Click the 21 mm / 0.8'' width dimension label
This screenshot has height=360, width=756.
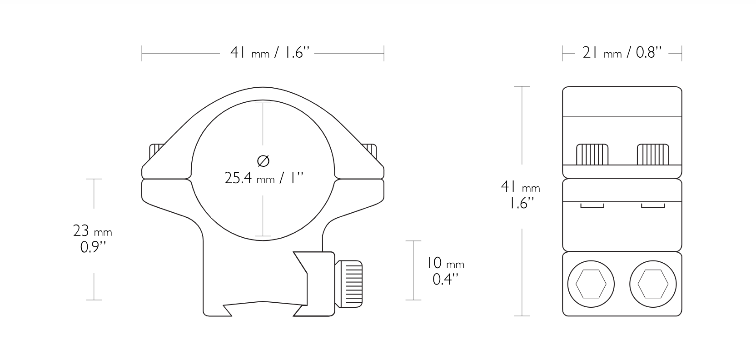pyautogui.click(x=622, y=53)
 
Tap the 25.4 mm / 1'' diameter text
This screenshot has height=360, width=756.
pyautogui.click(x=264, y=178)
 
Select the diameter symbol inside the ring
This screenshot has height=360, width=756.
pyautogui.click(x=264, y=160)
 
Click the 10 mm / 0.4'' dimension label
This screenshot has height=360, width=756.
pyautogui.click(x=445, y=271)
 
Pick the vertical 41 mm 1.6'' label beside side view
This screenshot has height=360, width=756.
pyautogui.click(x=520, y=194)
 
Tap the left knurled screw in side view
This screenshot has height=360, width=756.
pyautogui.click(x=592, y=155)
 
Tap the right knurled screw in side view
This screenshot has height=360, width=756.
pyautogui.click(x=653, y=155)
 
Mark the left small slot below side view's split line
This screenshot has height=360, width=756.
pyautogui.click(x=592, y=206)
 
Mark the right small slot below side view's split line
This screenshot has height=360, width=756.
pyautogui.click(x=653, y=206)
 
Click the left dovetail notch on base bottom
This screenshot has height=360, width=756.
pyautogui.click(x=227, y=310)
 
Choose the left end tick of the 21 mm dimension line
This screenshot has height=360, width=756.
pyautogui.click(x=562, y=53)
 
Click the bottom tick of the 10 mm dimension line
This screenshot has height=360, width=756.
pyautogui.click(x=413, y=300)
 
